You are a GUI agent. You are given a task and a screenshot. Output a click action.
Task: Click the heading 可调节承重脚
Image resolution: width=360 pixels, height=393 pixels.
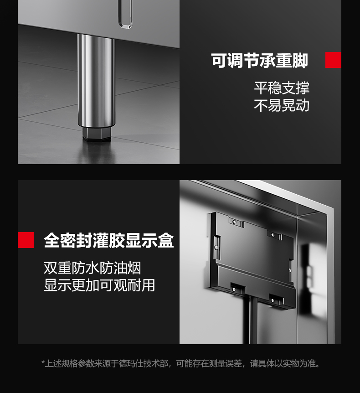259,60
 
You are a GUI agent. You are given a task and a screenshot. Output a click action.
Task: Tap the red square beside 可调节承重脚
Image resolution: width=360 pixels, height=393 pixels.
333,60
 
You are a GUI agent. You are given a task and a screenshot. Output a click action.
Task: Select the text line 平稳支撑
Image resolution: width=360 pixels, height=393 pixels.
282,88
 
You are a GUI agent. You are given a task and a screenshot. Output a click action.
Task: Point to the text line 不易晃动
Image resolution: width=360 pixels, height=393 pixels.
282,105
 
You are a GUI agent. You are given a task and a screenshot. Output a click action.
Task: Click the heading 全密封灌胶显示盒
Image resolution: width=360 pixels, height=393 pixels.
109,240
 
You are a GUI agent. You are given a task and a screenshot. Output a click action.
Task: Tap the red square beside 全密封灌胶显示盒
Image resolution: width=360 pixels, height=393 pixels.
26,240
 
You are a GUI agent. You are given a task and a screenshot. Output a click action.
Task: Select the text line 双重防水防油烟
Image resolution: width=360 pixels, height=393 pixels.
93,268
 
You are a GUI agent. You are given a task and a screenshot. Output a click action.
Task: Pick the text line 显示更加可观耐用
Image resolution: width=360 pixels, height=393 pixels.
99,285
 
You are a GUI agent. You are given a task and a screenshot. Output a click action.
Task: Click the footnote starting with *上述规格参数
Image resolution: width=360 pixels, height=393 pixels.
180,363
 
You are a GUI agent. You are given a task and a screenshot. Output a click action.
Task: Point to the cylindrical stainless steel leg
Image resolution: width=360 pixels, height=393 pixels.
96,80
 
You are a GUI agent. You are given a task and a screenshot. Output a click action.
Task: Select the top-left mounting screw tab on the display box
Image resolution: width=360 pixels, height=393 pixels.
236,222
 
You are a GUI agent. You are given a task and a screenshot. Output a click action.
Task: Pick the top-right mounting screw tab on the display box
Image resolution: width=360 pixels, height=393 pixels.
275,235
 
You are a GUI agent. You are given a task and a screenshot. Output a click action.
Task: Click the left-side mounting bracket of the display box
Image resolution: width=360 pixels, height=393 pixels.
217,247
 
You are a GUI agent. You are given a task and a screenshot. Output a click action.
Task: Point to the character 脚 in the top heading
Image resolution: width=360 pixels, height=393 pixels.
300,60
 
